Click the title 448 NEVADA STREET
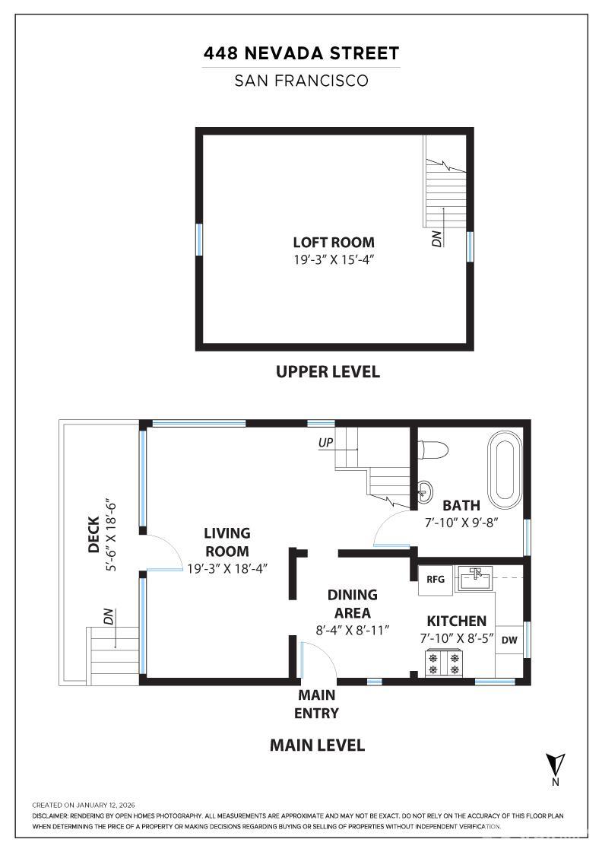(x=301, y=54)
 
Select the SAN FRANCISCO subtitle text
(x=301, y=81)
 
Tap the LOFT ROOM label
(x=334, y=243)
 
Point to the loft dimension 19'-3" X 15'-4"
(x=334, y=260)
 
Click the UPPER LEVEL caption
(x=328, y=372)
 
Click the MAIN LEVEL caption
(x=317, y=745)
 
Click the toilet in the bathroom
(x=434, y=450)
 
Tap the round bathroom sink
(x=426, y=488)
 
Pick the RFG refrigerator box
(x=436, y=580)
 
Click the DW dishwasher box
(x=509, y=641)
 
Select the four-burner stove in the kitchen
(x=445, y=662)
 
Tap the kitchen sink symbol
(x=474, y=578)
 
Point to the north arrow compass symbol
(x=556, y=765)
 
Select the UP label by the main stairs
(x=326, y=442)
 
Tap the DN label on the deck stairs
(x=109, y=618)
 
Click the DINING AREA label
(x=353, y=604)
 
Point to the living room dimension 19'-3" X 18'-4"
(x=228, y=568)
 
